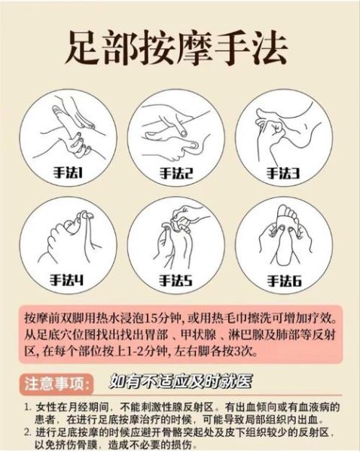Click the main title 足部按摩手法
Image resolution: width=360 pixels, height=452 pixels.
(x=179, y=50)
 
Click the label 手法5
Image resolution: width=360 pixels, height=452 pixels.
(x=176, y=280)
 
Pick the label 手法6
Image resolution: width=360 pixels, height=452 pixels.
(x=283, y=280)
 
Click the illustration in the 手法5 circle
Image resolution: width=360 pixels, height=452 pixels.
(x=176, y=240)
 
